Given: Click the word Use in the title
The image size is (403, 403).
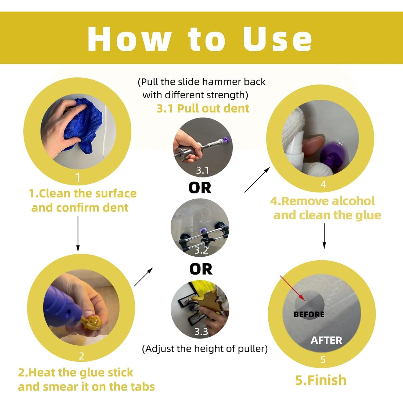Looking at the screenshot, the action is coord(278,39).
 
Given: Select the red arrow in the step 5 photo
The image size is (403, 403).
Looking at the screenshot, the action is coord(293,288).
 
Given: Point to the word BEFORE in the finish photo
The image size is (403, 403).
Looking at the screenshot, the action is coord(309,314).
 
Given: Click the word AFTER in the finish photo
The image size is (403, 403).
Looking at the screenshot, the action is coord(326,340).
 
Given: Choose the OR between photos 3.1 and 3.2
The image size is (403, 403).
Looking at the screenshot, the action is coord(200,188).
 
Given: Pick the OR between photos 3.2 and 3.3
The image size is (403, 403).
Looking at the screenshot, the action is coord(201,269).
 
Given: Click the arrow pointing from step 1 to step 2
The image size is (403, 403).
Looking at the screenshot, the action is coord(78,234).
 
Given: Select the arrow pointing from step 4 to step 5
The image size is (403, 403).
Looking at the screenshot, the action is coord(324,236).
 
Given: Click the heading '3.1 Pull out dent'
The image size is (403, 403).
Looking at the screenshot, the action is coord(203,109).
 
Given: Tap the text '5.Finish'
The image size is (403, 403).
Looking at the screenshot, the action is coord(321,380).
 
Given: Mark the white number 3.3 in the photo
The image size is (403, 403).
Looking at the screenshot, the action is coord(201,332).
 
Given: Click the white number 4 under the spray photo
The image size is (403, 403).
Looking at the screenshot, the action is coord(323,184).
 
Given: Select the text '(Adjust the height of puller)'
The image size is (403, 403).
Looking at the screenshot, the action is coord(205,349).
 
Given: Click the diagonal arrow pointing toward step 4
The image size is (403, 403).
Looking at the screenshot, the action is coord(257,180).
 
